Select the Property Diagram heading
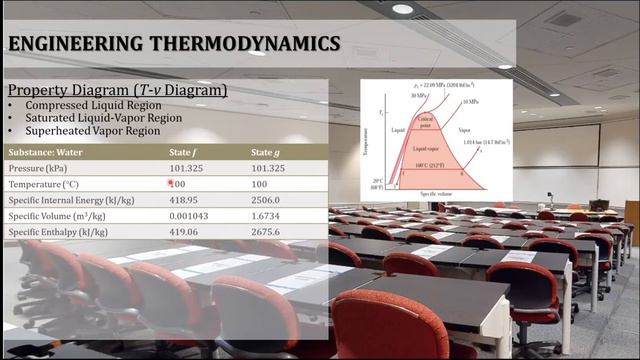[x=117, y=90]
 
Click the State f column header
[x=185, y=152]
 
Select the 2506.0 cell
[x=266, y=200]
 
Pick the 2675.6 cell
[x=266, y=232]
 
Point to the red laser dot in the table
[x=172, y=183]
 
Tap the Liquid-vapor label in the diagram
[x=427, y=148]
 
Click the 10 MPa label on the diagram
[x=469, y=103]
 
